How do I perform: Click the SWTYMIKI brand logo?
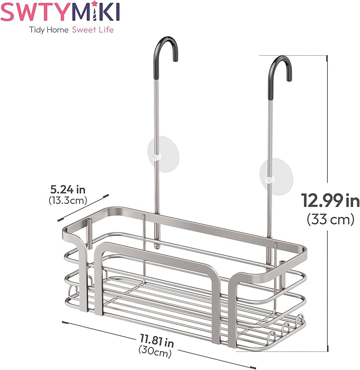click(60, 11)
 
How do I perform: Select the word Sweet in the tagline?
click(84, 30)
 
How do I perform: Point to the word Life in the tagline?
click(106, 30)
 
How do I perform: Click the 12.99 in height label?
click(330, 201)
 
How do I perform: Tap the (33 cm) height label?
click(330, 219)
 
